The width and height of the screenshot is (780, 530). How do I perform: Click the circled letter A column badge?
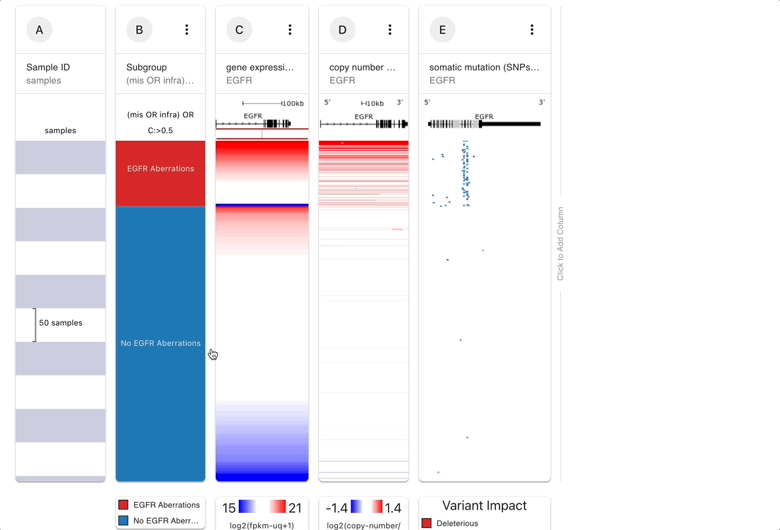(39, 30)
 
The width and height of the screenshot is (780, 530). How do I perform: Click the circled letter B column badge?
(139, 30)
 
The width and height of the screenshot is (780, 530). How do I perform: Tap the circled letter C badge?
(239, 30)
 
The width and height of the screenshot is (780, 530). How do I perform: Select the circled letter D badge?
(343, 30)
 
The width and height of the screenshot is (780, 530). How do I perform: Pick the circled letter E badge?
(443, 30)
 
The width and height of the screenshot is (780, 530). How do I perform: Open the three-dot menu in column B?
(187, 30)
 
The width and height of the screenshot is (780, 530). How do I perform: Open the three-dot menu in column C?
(290, 30)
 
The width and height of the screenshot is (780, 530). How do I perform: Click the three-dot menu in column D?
(390, 30)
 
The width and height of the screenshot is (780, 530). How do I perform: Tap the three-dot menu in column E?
(532, 30)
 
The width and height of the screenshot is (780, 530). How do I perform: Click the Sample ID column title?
(48, 67)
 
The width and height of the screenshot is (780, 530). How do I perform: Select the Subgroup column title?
(147, 67)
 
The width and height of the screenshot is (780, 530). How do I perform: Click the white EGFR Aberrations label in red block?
(160, 169)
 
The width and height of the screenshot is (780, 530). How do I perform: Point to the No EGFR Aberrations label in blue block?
(160, 343)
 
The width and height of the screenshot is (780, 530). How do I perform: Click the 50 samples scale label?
(61, 323)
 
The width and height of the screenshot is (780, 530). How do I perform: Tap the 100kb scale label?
(293, 103)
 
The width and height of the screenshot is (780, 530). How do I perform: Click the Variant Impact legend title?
(485, 506)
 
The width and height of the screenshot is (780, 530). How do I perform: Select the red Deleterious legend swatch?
(426, 523)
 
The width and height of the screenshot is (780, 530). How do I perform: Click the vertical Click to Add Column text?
(560, 244)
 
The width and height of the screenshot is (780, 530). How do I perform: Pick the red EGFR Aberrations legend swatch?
(123, 505)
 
